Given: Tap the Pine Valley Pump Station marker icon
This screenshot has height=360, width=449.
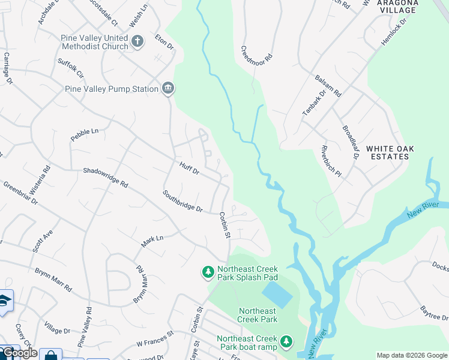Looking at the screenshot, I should [x=167, y=89].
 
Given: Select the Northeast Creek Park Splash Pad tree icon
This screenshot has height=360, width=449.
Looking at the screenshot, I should [x=208, y=273].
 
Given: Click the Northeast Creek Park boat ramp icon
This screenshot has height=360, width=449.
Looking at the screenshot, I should [x=286, y=342].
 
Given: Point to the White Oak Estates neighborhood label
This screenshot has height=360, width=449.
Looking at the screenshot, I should [x=387, y=152].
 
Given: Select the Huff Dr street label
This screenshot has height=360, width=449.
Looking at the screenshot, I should [x=188, y=167].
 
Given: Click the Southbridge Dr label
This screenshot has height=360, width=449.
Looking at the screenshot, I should [x=182, y=201].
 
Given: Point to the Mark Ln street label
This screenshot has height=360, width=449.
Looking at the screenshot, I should [x=152, y=241].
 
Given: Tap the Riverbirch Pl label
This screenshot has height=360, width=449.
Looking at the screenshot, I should [x=330, y=161].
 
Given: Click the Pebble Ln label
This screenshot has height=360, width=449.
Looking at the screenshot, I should [x=84, y=131].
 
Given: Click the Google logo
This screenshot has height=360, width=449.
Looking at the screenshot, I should [x=19, y=353].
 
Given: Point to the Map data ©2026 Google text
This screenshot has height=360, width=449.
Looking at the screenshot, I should [x=411, y=355].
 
